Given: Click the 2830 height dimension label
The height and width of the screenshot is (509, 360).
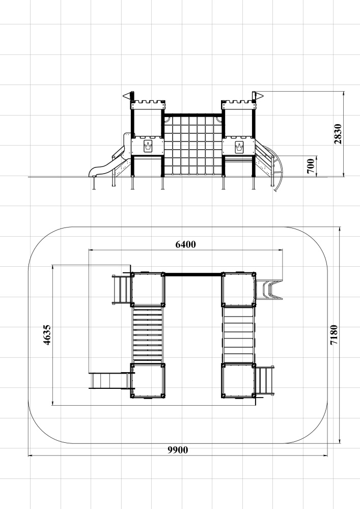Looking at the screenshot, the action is pyautogui.click(x=338, y=134).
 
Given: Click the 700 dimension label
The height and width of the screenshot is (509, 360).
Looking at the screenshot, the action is pyautogui.click(x=311, y=166).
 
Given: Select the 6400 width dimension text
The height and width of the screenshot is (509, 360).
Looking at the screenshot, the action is pyautogui.click(x=186, y=244).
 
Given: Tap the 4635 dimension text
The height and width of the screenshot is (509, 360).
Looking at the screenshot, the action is pyautogui.click(x=47, y=335).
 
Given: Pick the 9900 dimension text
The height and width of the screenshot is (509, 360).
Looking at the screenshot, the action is pyautogui.click(x=178, y=450).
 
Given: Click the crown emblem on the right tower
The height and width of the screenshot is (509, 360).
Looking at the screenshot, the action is pyautogui.click(x=239, y=147).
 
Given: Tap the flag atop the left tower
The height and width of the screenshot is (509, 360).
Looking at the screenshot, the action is pyautogui.click(x=128, y=96).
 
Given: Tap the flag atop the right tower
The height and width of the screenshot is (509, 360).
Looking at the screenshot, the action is pyautogui.click(x=258, y=95).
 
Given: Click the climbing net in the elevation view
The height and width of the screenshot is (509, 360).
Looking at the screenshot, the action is pyautogui.click(x=193, y=145).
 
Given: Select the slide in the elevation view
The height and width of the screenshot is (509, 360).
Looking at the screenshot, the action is pyautogui.click(x=107, y=161).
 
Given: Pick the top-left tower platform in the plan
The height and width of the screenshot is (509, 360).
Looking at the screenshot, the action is pyautogui.click(x=148, y=290).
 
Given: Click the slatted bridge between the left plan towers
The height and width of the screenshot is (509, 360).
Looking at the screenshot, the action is pyautogui.click(x=148, y=335).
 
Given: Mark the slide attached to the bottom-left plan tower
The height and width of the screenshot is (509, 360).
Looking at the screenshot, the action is pyautogui.click(x=110, y=380).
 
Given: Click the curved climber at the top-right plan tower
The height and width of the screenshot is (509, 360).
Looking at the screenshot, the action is pyautogui.click(x=269, y=289).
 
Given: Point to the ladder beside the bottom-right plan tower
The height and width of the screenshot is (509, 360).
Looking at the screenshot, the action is pyautogui.click(x=264, y=380).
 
